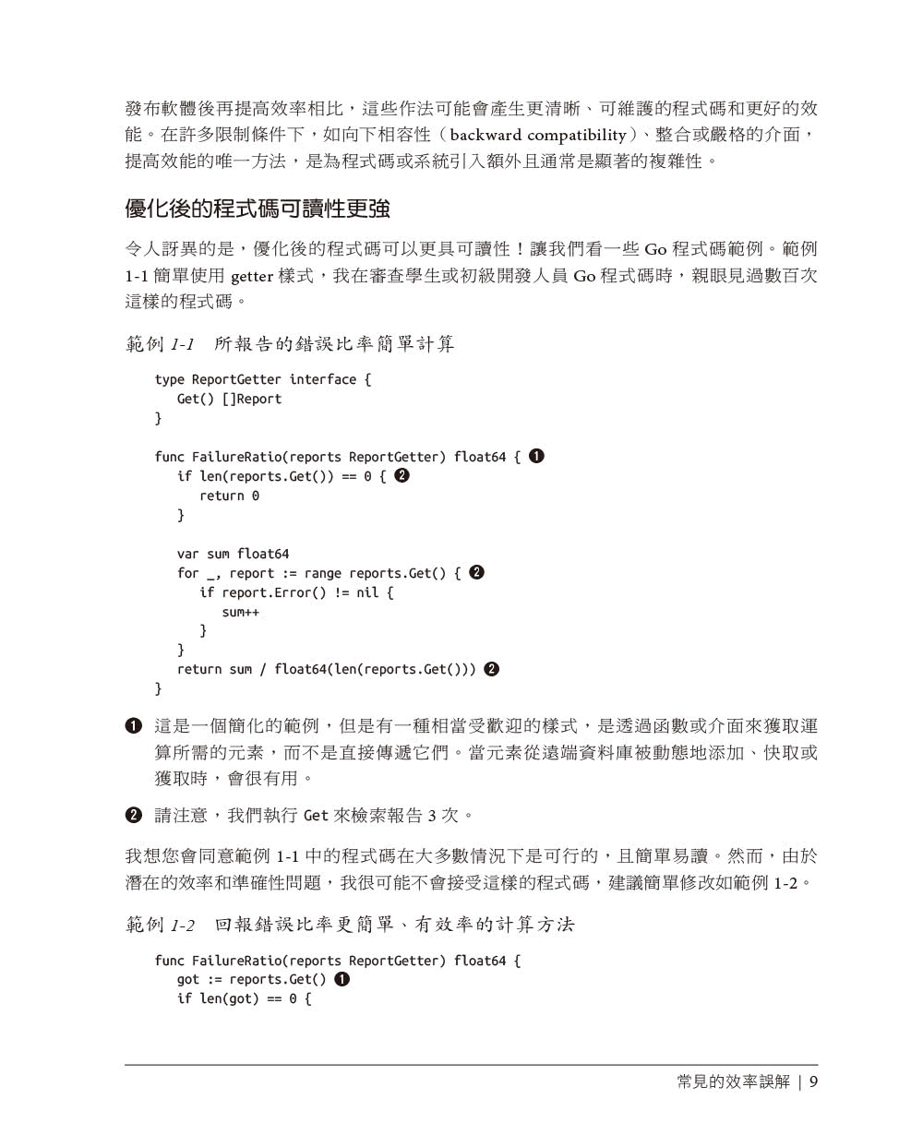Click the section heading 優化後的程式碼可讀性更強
[x=258, y=209]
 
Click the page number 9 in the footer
[x=813, y=1081]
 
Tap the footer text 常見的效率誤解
[x=733, y=1081]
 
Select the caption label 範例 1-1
[x=160, y=344]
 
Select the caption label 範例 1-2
[x=160, y=925]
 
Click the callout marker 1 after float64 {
[x=536, y=456]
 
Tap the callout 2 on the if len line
[x=402, y=475]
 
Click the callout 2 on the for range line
[x=476, y=572]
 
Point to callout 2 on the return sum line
[x=491, y=669]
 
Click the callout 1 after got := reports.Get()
[x=342, y=979]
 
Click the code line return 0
[x=229, y=496]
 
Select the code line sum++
[x=240, y=612]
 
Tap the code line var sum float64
[x=233, y=554]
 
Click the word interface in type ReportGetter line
[x=322, y=379]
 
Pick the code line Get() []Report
[x=229, y=399]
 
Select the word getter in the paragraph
[x=251, y=276]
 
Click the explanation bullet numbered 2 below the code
[x=134, y=815]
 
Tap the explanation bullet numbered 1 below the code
[x=134, y=726]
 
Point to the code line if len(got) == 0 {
[x=244, y=998]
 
